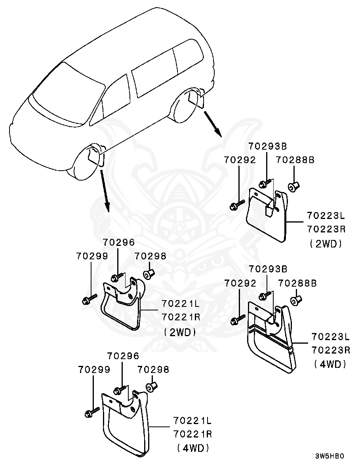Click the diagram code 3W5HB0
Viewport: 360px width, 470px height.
point(330,456)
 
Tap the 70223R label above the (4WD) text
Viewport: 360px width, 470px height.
point(330,350)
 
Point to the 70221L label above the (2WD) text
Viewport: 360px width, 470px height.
point(181,304)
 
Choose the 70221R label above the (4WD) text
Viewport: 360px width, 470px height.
point(192,434)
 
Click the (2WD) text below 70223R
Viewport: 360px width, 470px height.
point(326,244)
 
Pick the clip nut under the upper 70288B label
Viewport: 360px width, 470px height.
point(294,186)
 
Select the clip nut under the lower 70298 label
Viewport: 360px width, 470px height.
point(151,387)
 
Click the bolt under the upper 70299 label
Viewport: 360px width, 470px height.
point(90,299)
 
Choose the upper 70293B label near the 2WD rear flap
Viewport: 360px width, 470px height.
point(267,146)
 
